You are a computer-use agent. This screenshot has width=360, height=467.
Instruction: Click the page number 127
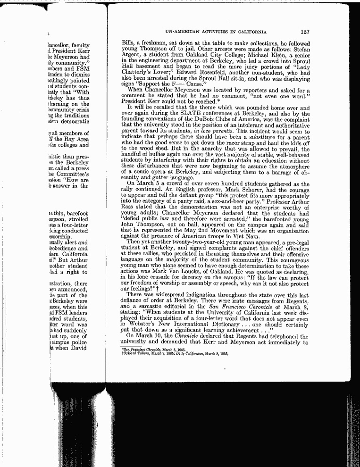pos(304,33)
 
